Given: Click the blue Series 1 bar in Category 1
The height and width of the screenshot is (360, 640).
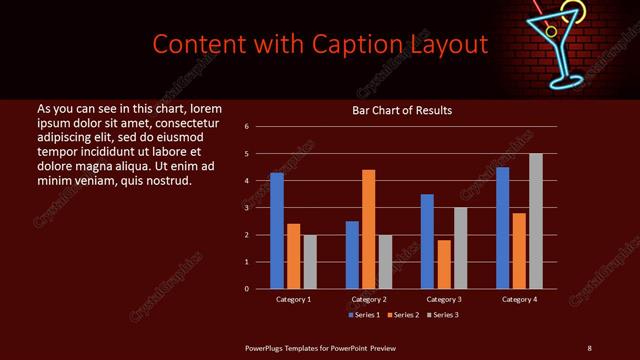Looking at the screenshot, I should pyautogui.click(x=277, y=231).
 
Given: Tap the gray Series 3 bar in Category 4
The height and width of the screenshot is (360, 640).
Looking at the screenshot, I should pyautogui.click(x=536, y=221).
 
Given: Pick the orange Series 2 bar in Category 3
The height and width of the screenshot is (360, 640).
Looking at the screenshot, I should pyautogui.click(x=444, y=264).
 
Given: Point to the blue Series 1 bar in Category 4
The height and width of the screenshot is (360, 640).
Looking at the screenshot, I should pyautogui.click(x=503, y=228).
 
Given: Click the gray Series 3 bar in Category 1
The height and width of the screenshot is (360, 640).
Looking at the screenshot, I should pyautogui.click(x=310, y=262).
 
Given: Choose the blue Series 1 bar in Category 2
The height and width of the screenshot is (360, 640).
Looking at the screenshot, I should pyautogui.click(x=352, y=255).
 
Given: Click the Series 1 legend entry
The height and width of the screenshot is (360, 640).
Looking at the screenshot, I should pyautogui.click(x=364, y=315).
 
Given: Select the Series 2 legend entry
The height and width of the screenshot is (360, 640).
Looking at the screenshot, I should pyautogui.click(x=401, y=315).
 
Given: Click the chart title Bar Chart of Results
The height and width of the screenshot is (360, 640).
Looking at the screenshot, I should pyautogui.click(x=402, y=110).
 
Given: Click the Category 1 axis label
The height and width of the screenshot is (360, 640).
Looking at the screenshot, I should pyautogui.click(x=293, y=299).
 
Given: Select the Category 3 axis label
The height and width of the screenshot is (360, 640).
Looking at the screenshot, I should pyautogui.click(x=444, y=299).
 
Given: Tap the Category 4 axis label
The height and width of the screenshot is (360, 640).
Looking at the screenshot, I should pyautogui.click(x=519, y=299).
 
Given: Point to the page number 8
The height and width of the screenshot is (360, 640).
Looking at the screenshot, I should pyautogui.click(x=589, y=347).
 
